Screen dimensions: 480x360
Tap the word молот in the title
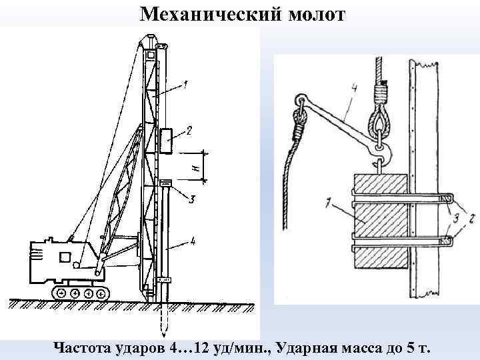(x=317, y=13)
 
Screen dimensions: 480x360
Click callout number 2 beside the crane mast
(x=189, y=131)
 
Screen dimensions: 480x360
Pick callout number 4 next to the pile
(x=193, y=241)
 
